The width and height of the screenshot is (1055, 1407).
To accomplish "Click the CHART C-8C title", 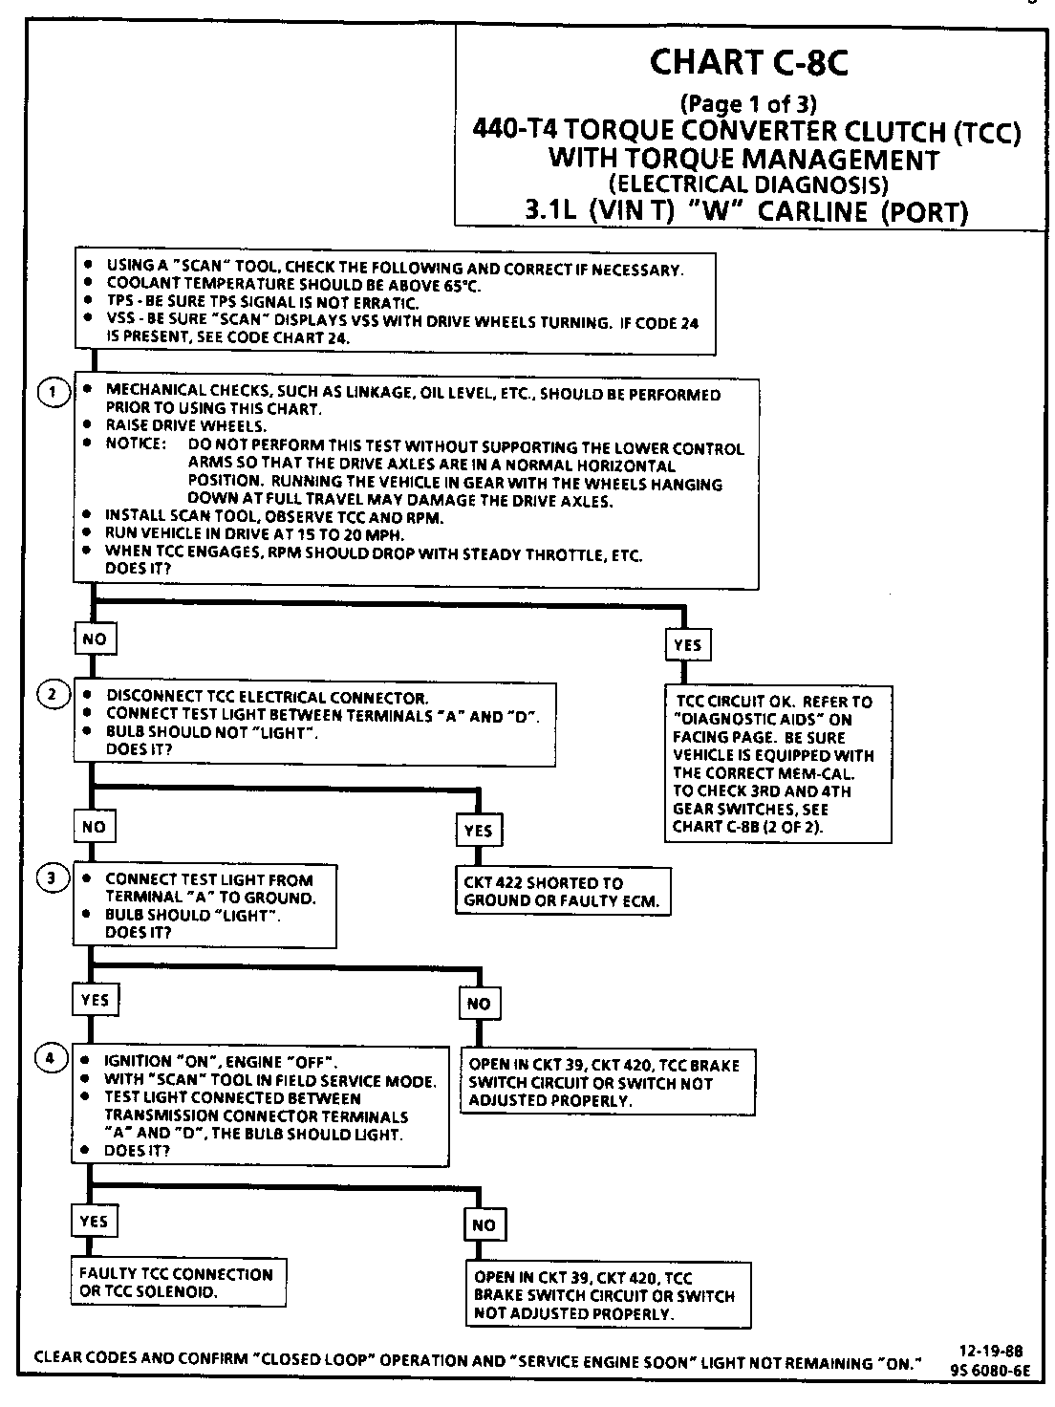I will (748, 63).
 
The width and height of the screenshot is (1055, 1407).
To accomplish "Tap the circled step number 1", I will (54, 391).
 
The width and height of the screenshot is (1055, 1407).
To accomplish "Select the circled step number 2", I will (54, 695).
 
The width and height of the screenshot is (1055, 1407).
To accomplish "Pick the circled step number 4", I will (53, 1058).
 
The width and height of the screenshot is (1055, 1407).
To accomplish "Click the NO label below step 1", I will (95, 639).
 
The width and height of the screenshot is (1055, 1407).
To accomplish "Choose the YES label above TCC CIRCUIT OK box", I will (687, 645).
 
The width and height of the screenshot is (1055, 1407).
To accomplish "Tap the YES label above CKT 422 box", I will (478, 831).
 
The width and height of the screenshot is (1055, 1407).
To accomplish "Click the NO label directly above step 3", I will (94, 827).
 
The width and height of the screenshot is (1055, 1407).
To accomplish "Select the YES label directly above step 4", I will (95, 1001).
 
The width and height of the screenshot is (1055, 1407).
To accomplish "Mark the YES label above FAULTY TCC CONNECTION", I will (94, 1221).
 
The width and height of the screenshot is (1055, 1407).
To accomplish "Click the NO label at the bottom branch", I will (484, 1224).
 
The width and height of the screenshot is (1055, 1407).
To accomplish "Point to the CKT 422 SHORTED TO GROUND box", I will (564, 892).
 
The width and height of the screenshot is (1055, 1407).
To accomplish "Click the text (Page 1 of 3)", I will (747, 103).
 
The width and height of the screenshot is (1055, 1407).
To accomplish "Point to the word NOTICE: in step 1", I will (136, 445).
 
